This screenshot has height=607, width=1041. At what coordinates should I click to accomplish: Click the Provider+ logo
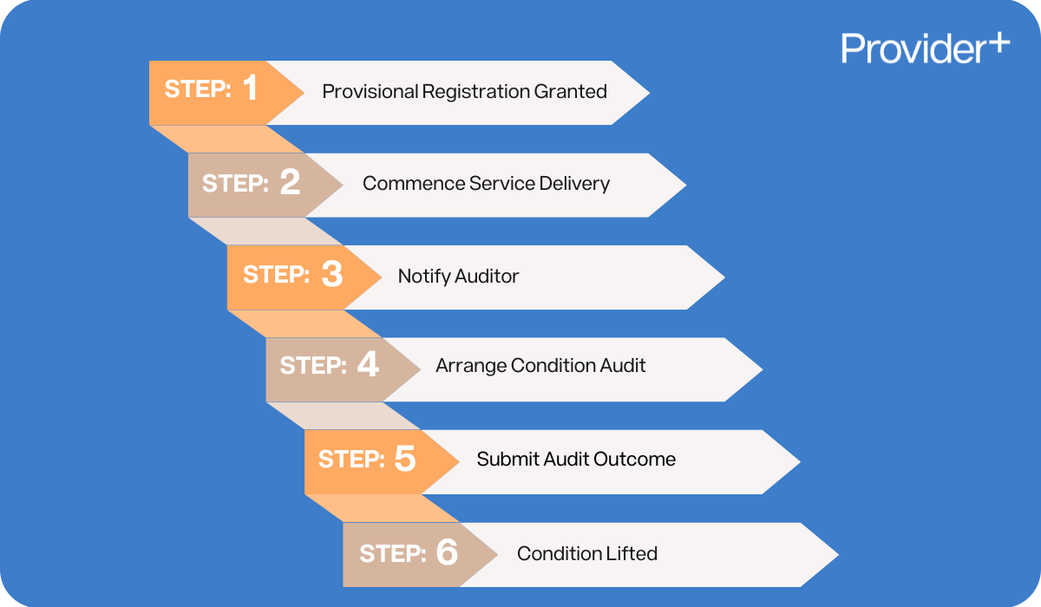(x=925, y=48)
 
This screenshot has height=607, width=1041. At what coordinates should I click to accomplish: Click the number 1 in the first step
(x=250, y=88)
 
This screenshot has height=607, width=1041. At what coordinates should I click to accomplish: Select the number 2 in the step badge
(x=290, y=182)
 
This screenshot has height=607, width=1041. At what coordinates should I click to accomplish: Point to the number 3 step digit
(x=331, y=275)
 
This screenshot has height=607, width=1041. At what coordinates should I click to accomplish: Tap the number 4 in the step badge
(x=368, y=365)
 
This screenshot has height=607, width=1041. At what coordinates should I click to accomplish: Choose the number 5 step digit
(x=405, y=459)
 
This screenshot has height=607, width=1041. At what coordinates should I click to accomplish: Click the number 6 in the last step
(x=446, y=552)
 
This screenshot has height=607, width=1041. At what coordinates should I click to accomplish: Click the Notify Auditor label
(x=458, y=277)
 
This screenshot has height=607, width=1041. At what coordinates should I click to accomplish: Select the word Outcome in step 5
(x=638, y=459)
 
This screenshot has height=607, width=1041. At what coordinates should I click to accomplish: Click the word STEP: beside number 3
(x=276, y=275)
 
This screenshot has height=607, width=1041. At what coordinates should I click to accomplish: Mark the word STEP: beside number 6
(x=392, y=553)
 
